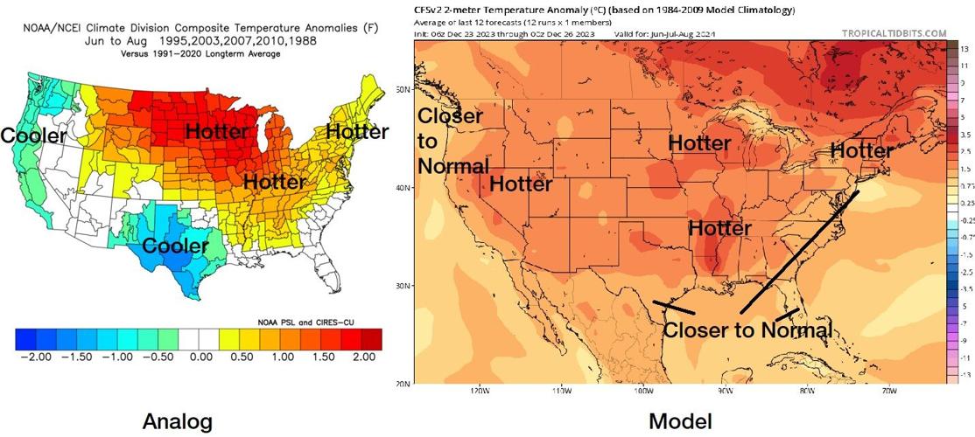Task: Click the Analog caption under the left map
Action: pos(178,422)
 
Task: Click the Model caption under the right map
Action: pos(680,422)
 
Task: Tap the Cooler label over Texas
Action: pos(176,246)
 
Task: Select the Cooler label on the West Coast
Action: pos(33,136)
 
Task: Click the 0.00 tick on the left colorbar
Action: pos(200,357)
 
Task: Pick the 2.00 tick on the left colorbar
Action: pos(365,357)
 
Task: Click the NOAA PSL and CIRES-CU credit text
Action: pos(319,321)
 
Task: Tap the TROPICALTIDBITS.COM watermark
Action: pos(894,34)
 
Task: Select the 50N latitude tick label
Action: pos(403,89)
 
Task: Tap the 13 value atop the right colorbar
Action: pos(964,50)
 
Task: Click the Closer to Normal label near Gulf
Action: pos(747,330)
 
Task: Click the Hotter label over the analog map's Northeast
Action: pos(356,131)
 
